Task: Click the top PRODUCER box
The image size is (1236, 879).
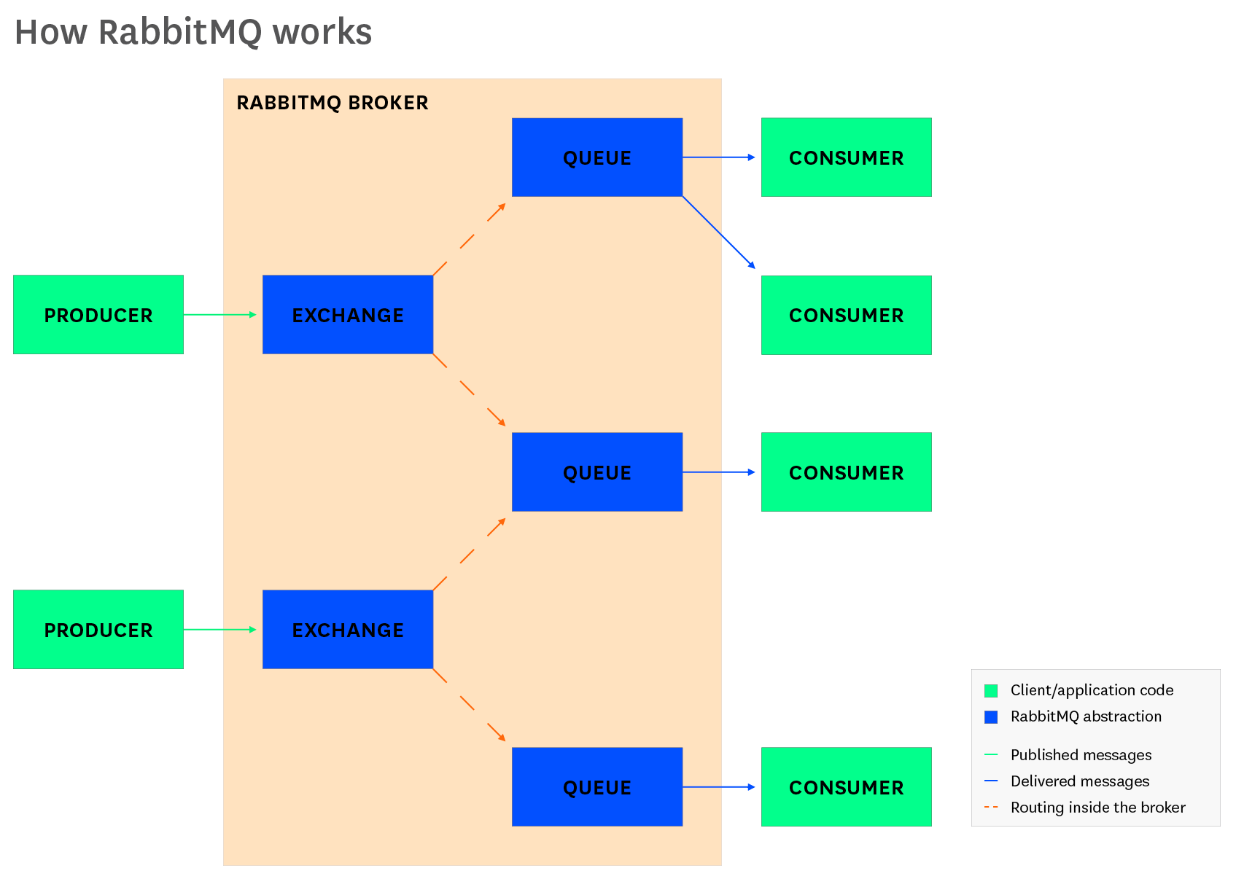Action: [x=98, y=315]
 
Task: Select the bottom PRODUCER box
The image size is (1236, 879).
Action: [x=98, y=630]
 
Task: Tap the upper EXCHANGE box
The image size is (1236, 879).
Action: [x=348, y=315]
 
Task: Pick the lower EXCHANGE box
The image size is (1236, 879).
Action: [x=348, y=630]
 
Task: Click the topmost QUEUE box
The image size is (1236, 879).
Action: [x=597, y=157]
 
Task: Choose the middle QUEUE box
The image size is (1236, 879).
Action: [x=597, y=472]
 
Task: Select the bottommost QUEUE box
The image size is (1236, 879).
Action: [x=597, y=787]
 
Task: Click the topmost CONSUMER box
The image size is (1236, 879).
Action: [x=846, y=157]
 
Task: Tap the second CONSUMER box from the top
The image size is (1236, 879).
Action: [x=846, y=315]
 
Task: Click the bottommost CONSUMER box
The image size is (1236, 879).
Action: [x=846, y=787]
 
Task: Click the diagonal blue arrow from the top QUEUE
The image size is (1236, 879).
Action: [x=718, y=232]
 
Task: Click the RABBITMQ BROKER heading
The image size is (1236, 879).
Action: [x=333, y=103]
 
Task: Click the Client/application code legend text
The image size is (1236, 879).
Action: [x=1092, y=690]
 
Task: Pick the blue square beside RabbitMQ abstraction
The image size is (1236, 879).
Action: [x=991, y=717]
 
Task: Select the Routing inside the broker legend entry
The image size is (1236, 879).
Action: [x=1097, y=808]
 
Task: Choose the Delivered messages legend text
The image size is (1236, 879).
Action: [x=1079, y=781]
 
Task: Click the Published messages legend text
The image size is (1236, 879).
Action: [x=1081, y=755]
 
